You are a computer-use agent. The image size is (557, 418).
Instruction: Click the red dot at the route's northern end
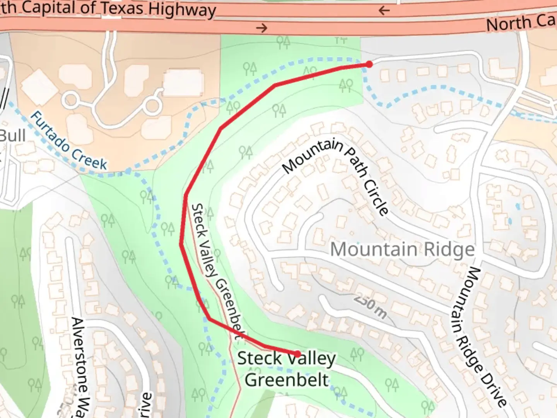click(x=369, y=64)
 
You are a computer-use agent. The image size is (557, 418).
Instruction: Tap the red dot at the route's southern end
click(x=297, y=354)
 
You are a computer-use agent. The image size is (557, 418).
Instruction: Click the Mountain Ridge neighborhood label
click(x=402, y=249)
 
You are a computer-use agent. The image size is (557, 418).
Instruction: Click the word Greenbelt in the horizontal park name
click(x=287, y=380)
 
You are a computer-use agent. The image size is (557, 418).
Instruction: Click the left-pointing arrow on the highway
click(x=384, y=10)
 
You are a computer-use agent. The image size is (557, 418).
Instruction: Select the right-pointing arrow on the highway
click(x=262, y=28)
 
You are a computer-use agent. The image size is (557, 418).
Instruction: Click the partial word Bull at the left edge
click(x=12, y=136)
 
